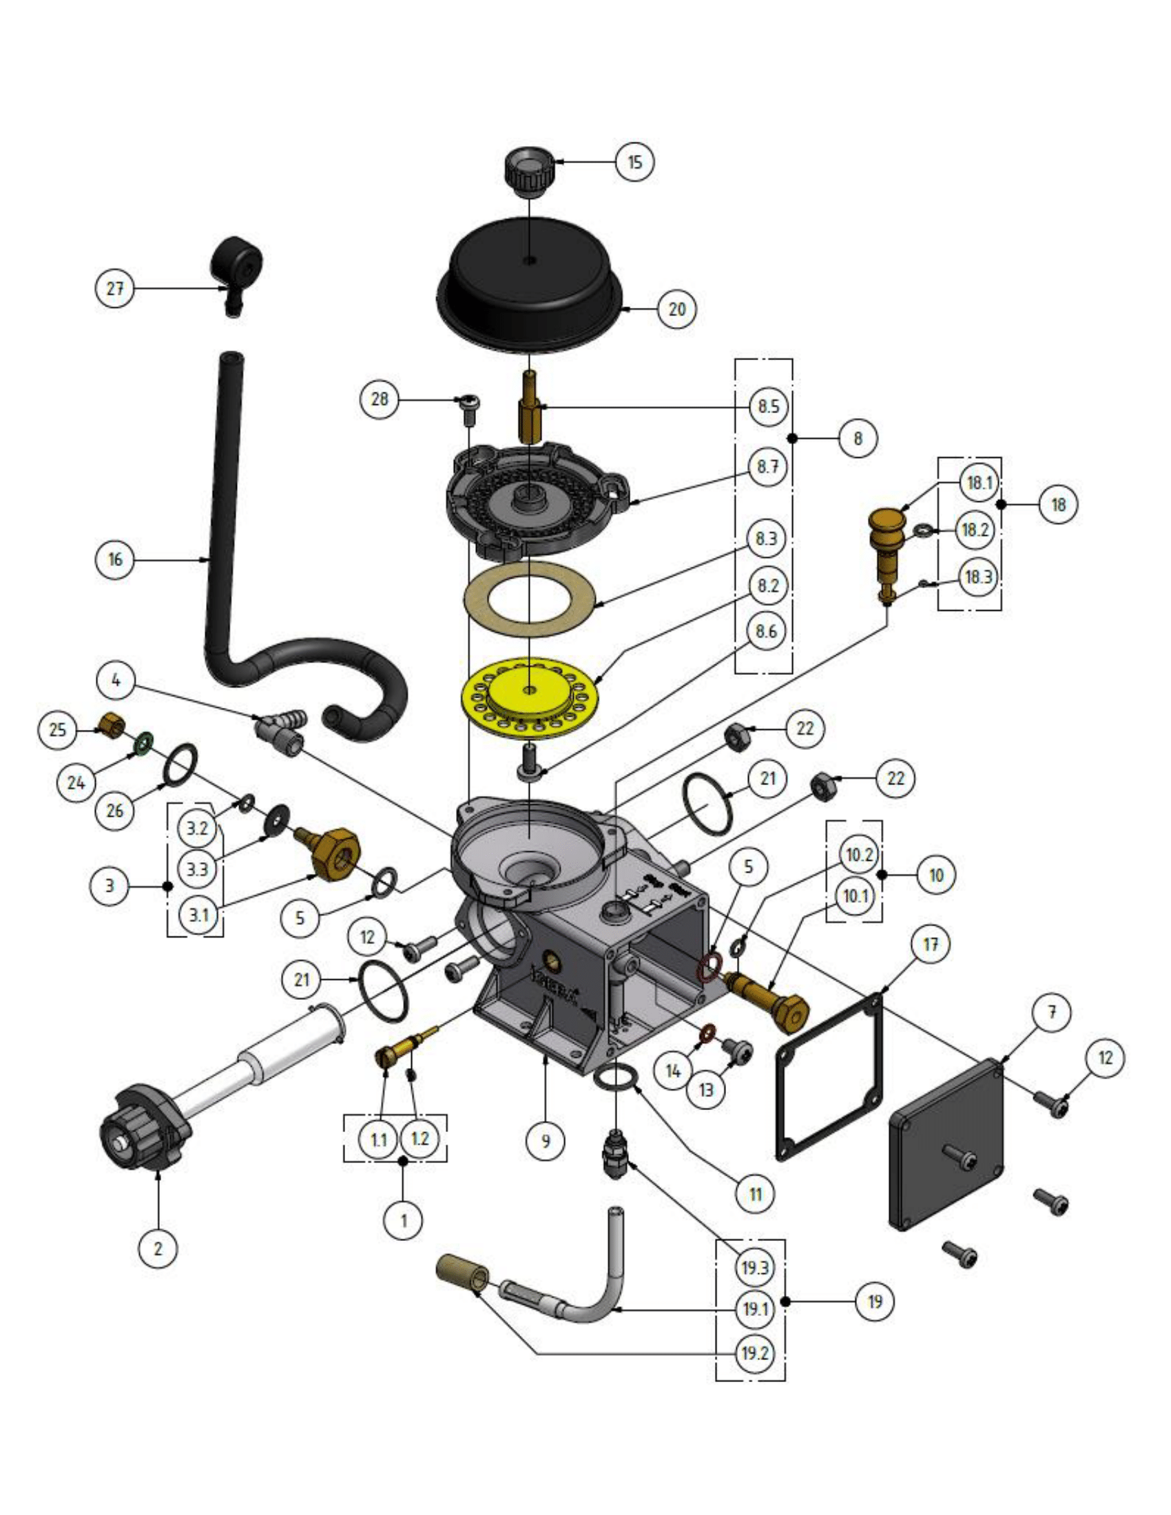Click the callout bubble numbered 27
pyautogui.click(x=114, y=289)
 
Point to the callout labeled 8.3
pyautogui.click(x=766, y=539)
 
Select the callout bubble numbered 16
pyautogui.click(x=114, y=560)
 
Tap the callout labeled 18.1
pyautogui.click(x=979, y=483)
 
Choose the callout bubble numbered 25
pyautogui.click(x=58, y=730)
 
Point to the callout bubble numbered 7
pyautogui.click(x=1053, y=1012)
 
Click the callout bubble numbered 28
pyautogui.click(x=380, y=399)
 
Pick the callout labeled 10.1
pyautogui.click(x=855, y=897)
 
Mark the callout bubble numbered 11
pyautogui.click(x=756, y=1195)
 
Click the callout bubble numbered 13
pyautogui.click(x=705, y=1090)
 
